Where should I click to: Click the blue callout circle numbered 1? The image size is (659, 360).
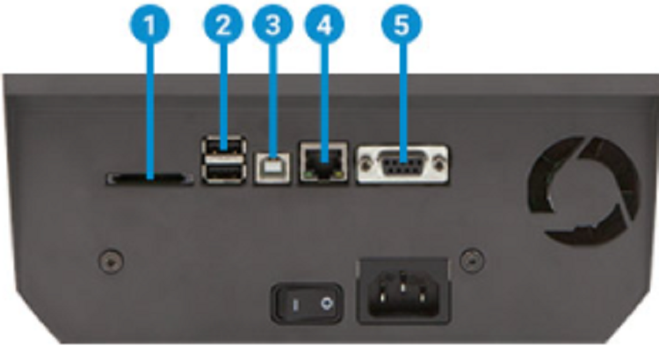(150, 25)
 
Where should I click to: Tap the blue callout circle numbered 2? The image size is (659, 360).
(223, 25)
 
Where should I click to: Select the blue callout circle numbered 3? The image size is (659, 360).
(272, 25)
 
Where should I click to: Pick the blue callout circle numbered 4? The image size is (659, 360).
(324, 25)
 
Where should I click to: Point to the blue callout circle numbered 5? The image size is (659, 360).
(402, 25)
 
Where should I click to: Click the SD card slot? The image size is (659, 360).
(149, 178)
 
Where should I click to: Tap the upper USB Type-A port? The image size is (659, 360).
(224, 147)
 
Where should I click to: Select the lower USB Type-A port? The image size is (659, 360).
(224, 173)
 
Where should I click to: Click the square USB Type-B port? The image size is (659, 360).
(272, 168)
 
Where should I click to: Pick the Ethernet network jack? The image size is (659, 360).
(323, 162)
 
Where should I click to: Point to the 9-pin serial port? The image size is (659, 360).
(402, 164)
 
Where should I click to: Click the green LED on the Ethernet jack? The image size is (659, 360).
(309, 174)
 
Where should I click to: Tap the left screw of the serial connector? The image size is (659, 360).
(366, 164)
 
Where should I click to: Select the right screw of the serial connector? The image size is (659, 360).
(439, 163)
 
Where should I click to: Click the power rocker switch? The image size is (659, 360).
(307, 303)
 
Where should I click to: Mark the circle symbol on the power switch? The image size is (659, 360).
(326, 304)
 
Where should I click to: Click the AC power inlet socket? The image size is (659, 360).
(403, 291)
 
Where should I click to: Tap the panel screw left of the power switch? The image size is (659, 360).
(111, 261)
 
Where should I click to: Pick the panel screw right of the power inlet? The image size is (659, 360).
(473, 260)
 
